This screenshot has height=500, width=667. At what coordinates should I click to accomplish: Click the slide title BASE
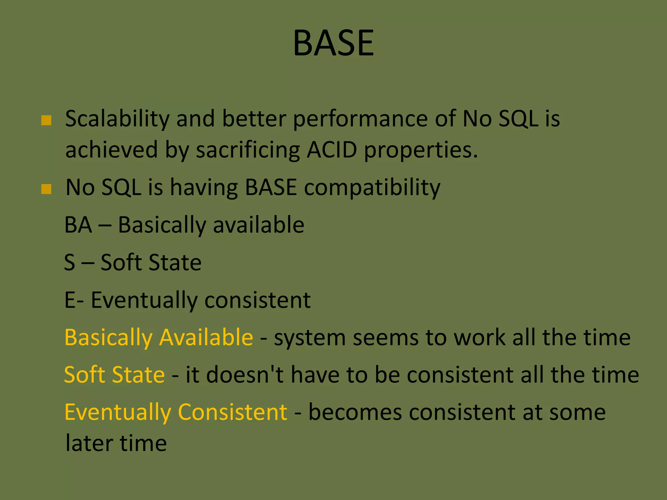coord(333,43)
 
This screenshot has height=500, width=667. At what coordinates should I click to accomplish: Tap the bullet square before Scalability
coord(46,120)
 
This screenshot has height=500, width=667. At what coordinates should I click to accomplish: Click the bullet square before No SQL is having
coord(46,189)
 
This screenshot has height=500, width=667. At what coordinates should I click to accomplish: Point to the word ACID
coord(332,150)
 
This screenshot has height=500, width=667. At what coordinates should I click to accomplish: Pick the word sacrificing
coord(248,150)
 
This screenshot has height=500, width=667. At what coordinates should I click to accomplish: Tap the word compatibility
coord(372,188)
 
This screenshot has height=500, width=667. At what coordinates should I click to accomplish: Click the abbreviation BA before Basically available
coord(78,225)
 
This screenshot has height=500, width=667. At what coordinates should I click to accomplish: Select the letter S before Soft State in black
coord(70,262)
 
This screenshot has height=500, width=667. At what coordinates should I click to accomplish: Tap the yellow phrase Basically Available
coord(159,337)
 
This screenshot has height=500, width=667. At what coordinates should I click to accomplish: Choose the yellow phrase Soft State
coord(114,375)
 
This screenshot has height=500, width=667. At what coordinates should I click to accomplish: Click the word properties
coord(420,150)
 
